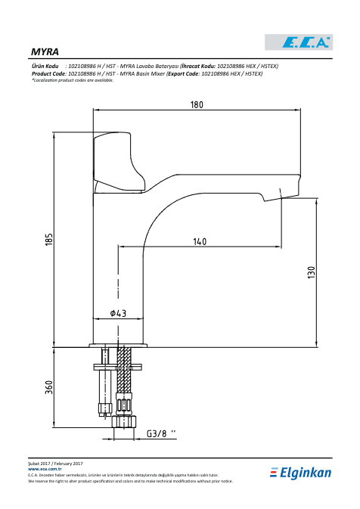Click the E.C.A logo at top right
point(299,42)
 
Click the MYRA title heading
point(45,52)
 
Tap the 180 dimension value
point(197,105)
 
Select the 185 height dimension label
point(49,239)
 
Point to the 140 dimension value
point(200,242)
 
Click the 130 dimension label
point(311,272)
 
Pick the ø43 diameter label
point(118,313)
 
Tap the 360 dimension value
point(49,387)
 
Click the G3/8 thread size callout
point(161,433)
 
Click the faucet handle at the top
point(119,163)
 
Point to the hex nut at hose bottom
point(124,422)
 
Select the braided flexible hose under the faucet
point(124,370)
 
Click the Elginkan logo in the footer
point(300,473)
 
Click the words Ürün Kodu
point(45,67)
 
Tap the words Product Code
point(48,73)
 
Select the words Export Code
point(184,73)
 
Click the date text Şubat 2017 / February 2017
point(55,464)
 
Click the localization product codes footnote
point(73,80)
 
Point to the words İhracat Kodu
point(199,67)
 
